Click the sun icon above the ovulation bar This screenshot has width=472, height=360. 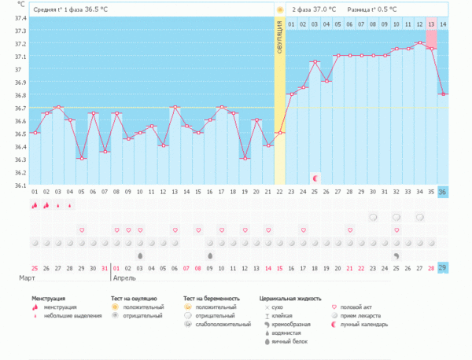coord(279,9)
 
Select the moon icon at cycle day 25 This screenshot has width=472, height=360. coord(315,178)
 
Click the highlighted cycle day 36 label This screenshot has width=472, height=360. coord(443,192)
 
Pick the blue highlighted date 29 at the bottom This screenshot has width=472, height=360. coord(443,268)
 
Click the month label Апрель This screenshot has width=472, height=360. coord(124,278)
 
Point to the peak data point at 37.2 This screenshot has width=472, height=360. coord(420,42)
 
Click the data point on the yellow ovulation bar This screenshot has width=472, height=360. coord(280,133)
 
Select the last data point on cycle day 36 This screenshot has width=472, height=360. coord(444,94)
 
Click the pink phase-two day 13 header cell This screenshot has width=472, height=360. coord(431,24)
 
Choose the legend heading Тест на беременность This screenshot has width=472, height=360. coord(212,299)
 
